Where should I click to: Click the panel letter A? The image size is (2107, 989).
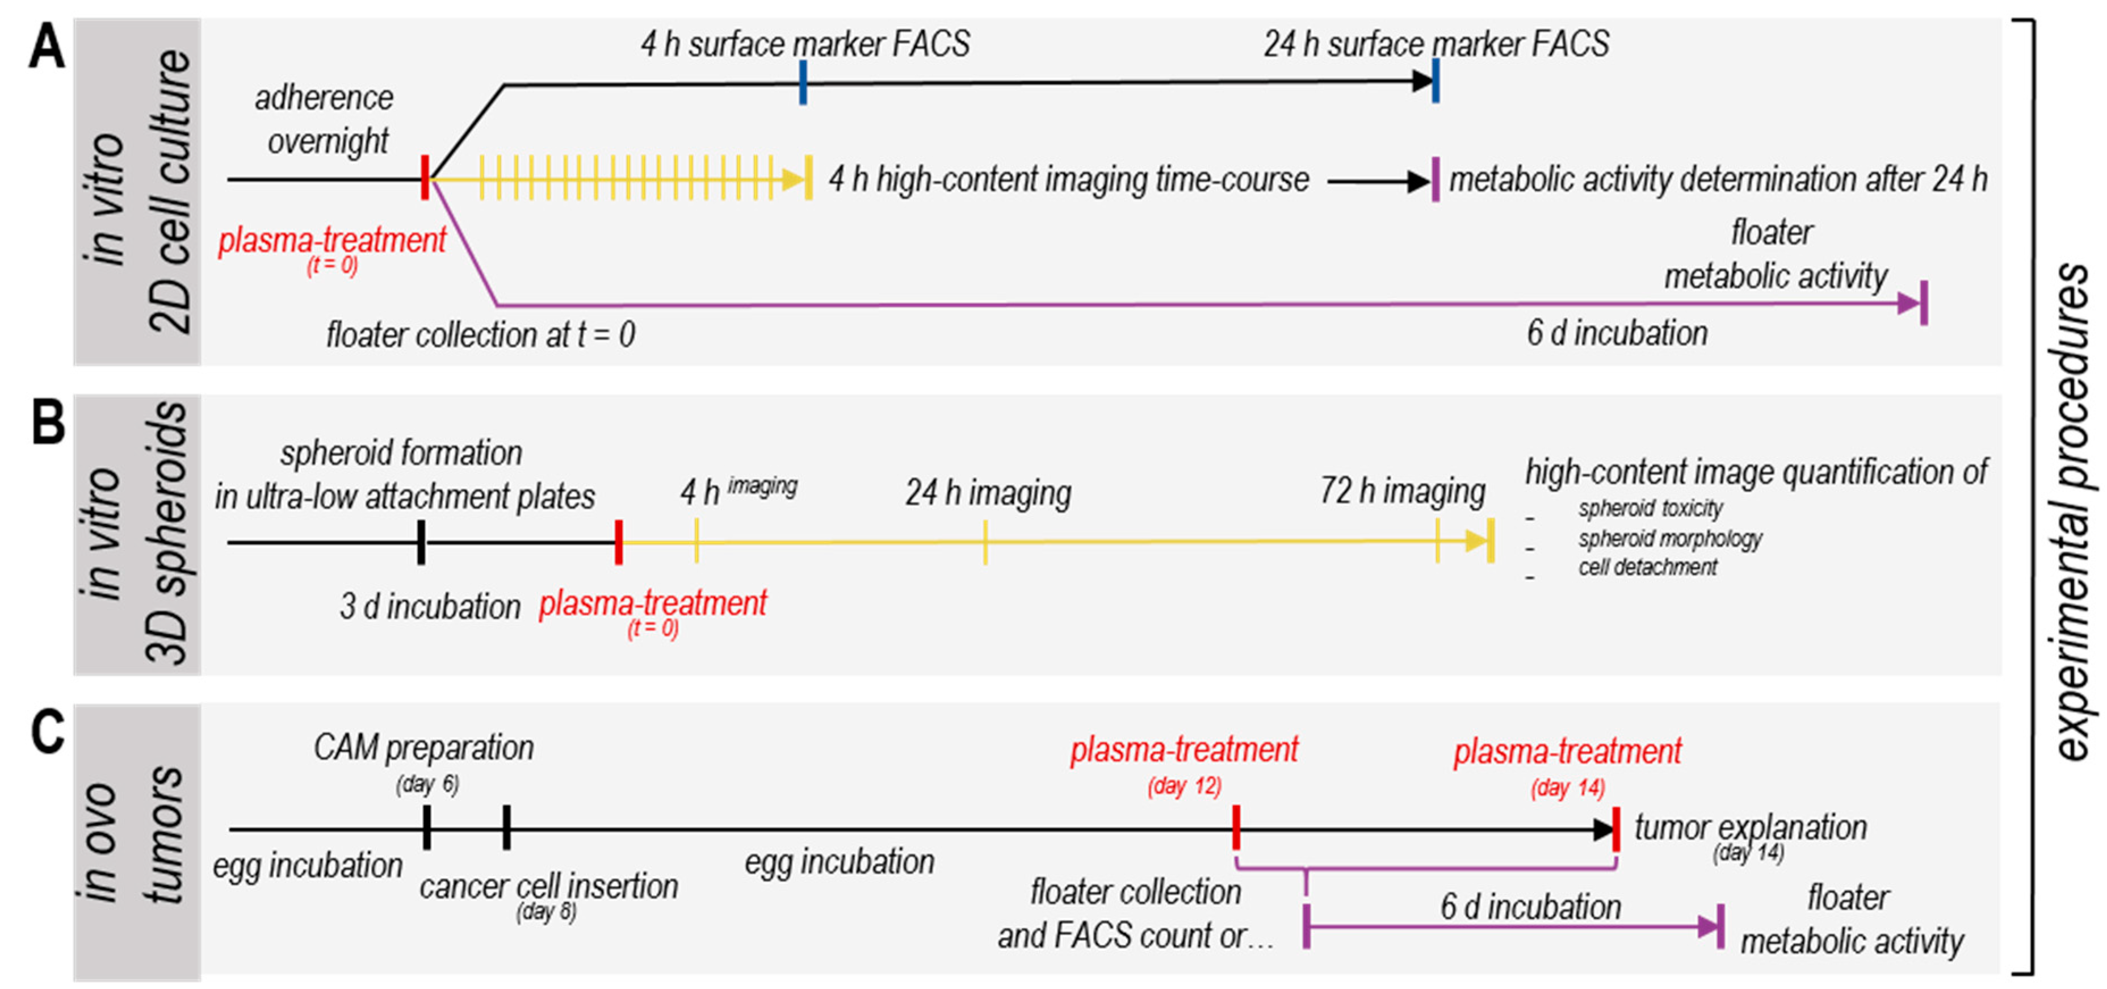pyautogui.click(x=46, y=48)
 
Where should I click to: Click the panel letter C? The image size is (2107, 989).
pyautogui.click(x=48, y=732)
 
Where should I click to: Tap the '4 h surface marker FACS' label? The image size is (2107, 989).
pyautogui.click(x=805, y=44)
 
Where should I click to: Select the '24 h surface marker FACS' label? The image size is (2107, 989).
pyautogui.click(x=1436, y=44)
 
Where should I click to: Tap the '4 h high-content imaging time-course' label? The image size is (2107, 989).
pyautogui.click(x=1068, y=179)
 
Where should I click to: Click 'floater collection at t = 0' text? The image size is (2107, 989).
pyautogui.click(x=481, y=334)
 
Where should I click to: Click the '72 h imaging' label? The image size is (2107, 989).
pyautogui.click(x=1402, y=491)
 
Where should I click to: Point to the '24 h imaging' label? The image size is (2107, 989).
pyautogui.click(x=988, y=492)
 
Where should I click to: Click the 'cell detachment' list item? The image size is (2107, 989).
pyautogui.click(x=1647, y=567)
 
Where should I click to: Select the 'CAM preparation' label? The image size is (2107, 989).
pyautogui.click(x=423, y=748)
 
